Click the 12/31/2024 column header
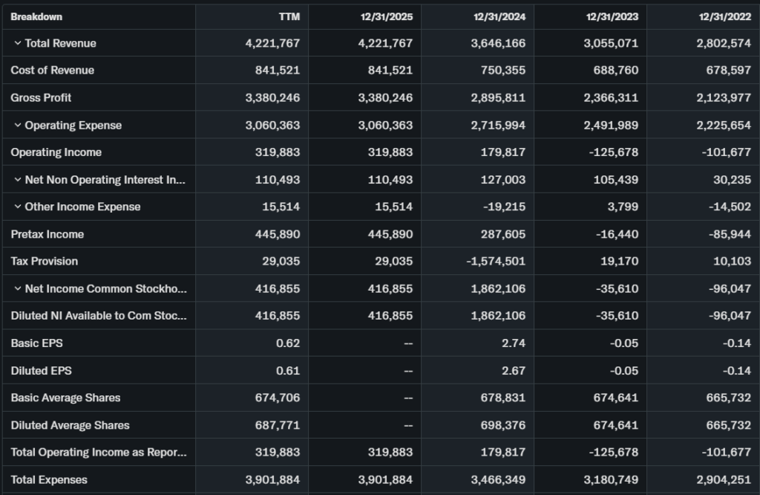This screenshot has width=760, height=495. (x=499, y=16)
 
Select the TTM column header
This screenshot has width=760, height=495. (x=289, y=16)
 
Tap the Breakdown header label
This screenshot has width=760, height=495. (x=36, y=16)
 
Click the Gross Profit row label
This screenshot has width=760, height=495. (x=41, y=97)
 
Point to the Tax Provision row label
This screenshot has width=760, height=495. (x=44, y=261)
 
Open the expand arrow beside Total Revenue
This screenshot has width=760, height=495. (x=17, y=43)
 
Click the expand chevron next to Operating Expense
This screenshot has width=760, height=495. (x=17, y=125)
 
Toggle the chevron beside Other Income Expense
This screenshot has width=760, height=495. (x=17, y=207)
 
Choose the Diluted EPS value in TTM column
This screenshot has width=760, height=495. (x=288, y=370)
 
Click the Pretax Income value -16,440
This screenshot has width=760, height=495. (x=617, y=234)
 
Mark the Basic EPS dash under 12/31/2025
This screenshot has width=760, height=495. (x=407, y=343)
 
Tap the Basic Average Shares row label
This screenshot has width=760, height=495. (x=65, y=398)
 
